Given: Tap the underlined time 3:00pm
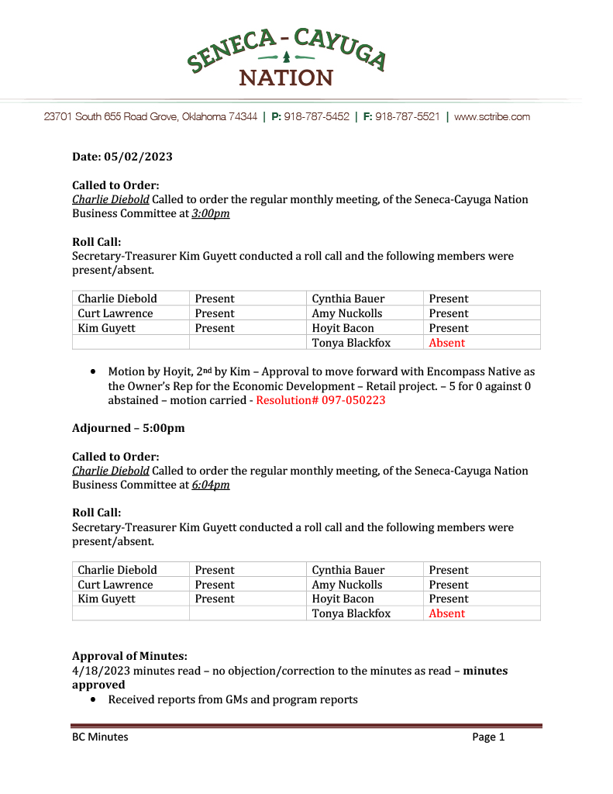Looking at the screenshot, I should click(x=211, y=213).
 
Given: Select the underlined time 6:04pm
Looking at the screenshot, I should click(x=211, y=485).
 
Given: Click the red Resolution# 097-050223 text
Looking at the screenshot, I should click(x=320, y=400).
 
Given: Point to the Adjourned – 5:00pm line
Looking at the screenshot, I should click(x=129, y=428).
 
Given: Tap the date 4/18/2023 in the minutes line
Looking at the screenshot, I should click(x=99, y=671).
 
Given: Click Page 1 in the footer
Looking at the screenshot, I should click(x=488, y=737).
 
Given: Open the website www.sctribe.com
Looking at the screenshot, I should click(x=491, y=117).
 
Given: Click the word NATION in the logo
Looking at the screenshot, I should click(x=286, y=78).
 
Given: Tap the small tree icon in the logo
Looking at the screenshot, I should click(x=286, y=57).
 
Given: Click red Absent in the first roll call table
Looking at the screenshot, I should click(x=447, y=343).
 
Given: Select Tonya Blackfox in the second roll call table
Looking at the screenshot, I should click(x=351, y=613).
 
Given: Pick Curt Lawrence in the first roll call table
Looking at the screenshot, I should click(x=115, y=313).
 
